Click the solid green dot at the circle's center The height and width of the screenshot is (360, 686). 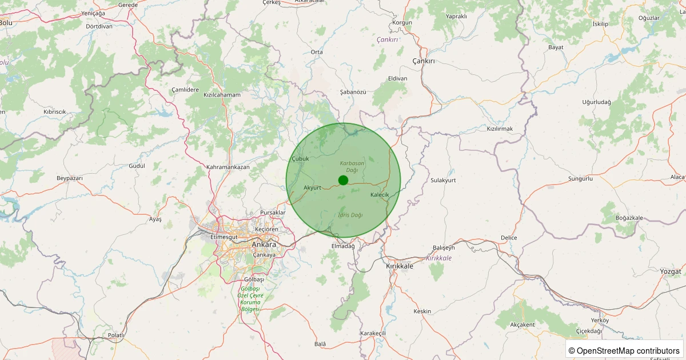click(343, 180)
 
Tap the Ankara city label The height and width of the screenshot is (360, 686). click(264, 245)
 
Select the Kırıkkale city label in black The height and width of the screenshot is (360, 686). click(400, 266)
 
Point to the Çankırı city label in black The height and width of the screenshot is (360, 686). click(424, 61)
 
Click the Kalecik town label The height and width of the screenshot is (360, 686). click(380, 195)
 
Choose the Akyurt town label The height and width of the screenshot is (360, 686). click(313, 187)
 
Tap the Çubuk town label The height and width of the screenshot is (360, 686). click(300, 158)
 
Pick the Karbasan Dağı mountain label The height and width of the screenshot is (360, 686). click(352, 167)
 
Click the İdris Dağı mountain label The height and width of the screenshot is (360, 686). click(350, 215)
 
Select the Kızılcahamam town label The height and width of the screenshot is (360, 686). click(222, 95)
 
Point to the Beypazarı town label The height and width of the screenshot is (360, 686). click(70, 178)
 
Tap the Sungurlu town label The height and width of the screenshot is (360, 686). click(581, 179)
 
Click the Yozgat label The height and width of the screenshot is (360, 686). click(671, 271)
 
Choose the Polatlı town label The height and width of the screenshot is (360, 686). click(116, 335)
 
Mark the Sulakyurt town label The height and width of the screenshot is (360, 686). click(443, 180)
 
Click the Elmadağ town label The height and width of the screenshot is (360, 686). click(343, 246)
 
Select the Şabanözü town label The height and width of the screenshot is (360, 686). click(353, 91)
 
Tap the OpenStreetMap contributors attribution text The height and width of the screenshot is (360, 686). click(624, 350)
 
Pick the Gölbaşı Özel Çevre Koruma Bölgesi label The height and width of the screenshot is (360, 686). click(250, 298)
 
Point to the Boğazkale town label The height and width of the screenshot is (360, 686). click(629, 218)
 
